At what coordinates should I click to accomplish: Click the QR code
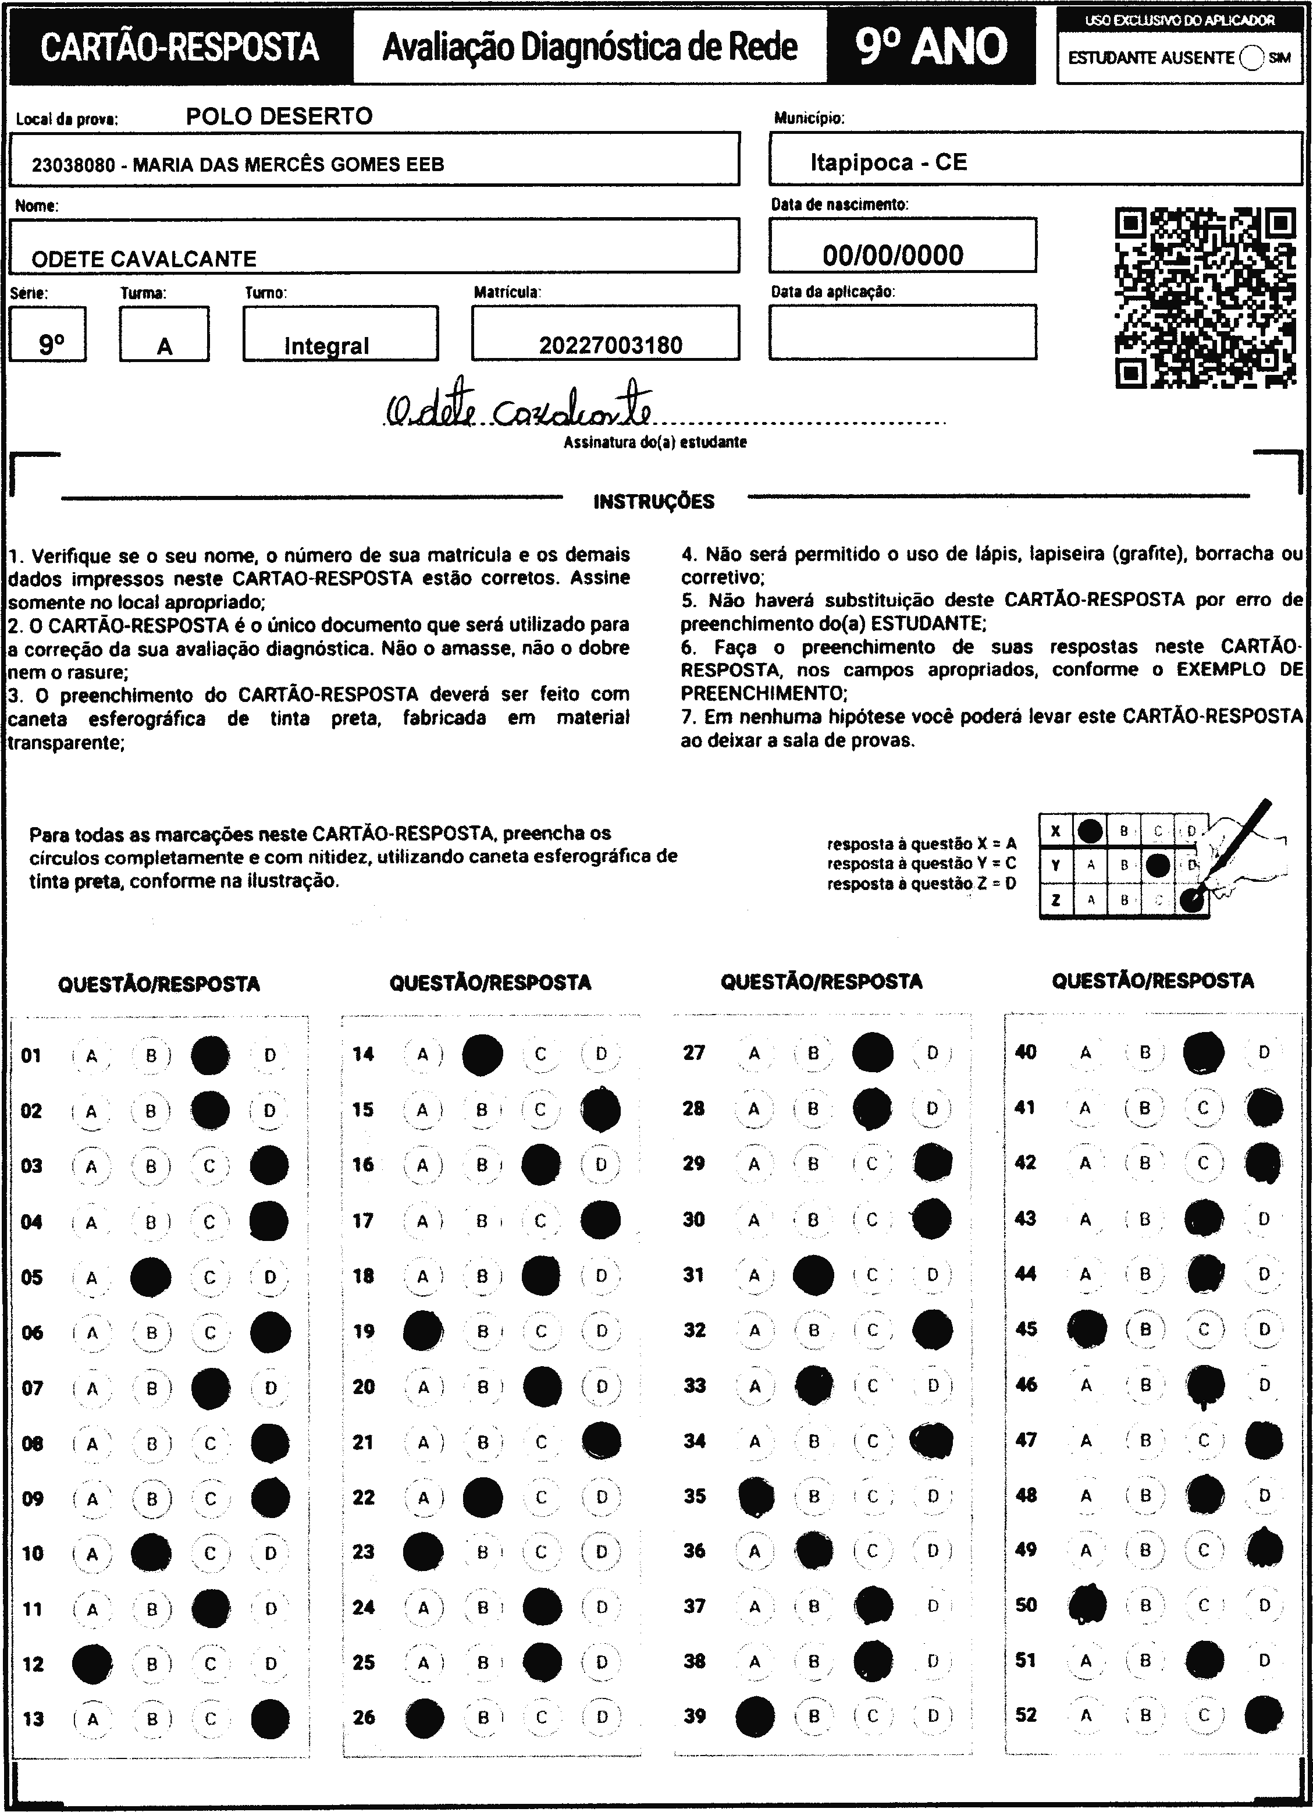click(x=1204, y=298)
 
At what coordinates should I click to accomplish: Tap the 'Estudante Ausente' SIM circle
click(x=1251, y=58)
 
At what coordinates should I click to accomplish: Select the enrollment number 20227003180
click(x=610, y=345)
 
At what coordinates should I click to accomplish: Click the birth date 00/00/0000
click(x=893, y=255)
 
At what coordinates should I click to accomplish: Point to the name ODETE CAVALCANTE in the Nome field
click(x=144, y=259)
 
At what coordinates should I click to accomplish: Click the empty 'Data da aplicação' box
click(x=902, y=332)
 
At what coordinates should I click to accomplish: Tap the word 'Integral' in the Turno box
click(x=327, y=346)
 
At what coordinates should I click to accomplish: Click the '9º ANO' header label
click(x=931, y=47)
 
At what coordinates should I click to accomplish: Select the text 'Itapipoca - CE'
click(x=888, y=163)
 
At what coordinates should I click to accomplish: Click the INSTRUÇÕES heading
click(x=653, y=502)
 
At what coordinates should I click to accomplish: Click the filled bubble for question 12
click(x=92, y=1664)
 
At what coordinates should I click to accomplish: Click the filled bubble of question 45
click(x=1087, y=1329)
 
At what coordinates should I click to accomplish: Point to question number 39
click(x=695, y=1715)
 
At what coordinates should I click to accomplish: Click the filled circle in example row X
click(x=1090, y=831)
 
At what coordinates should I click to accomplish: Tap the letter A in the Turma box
click(x=165, y=347)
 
